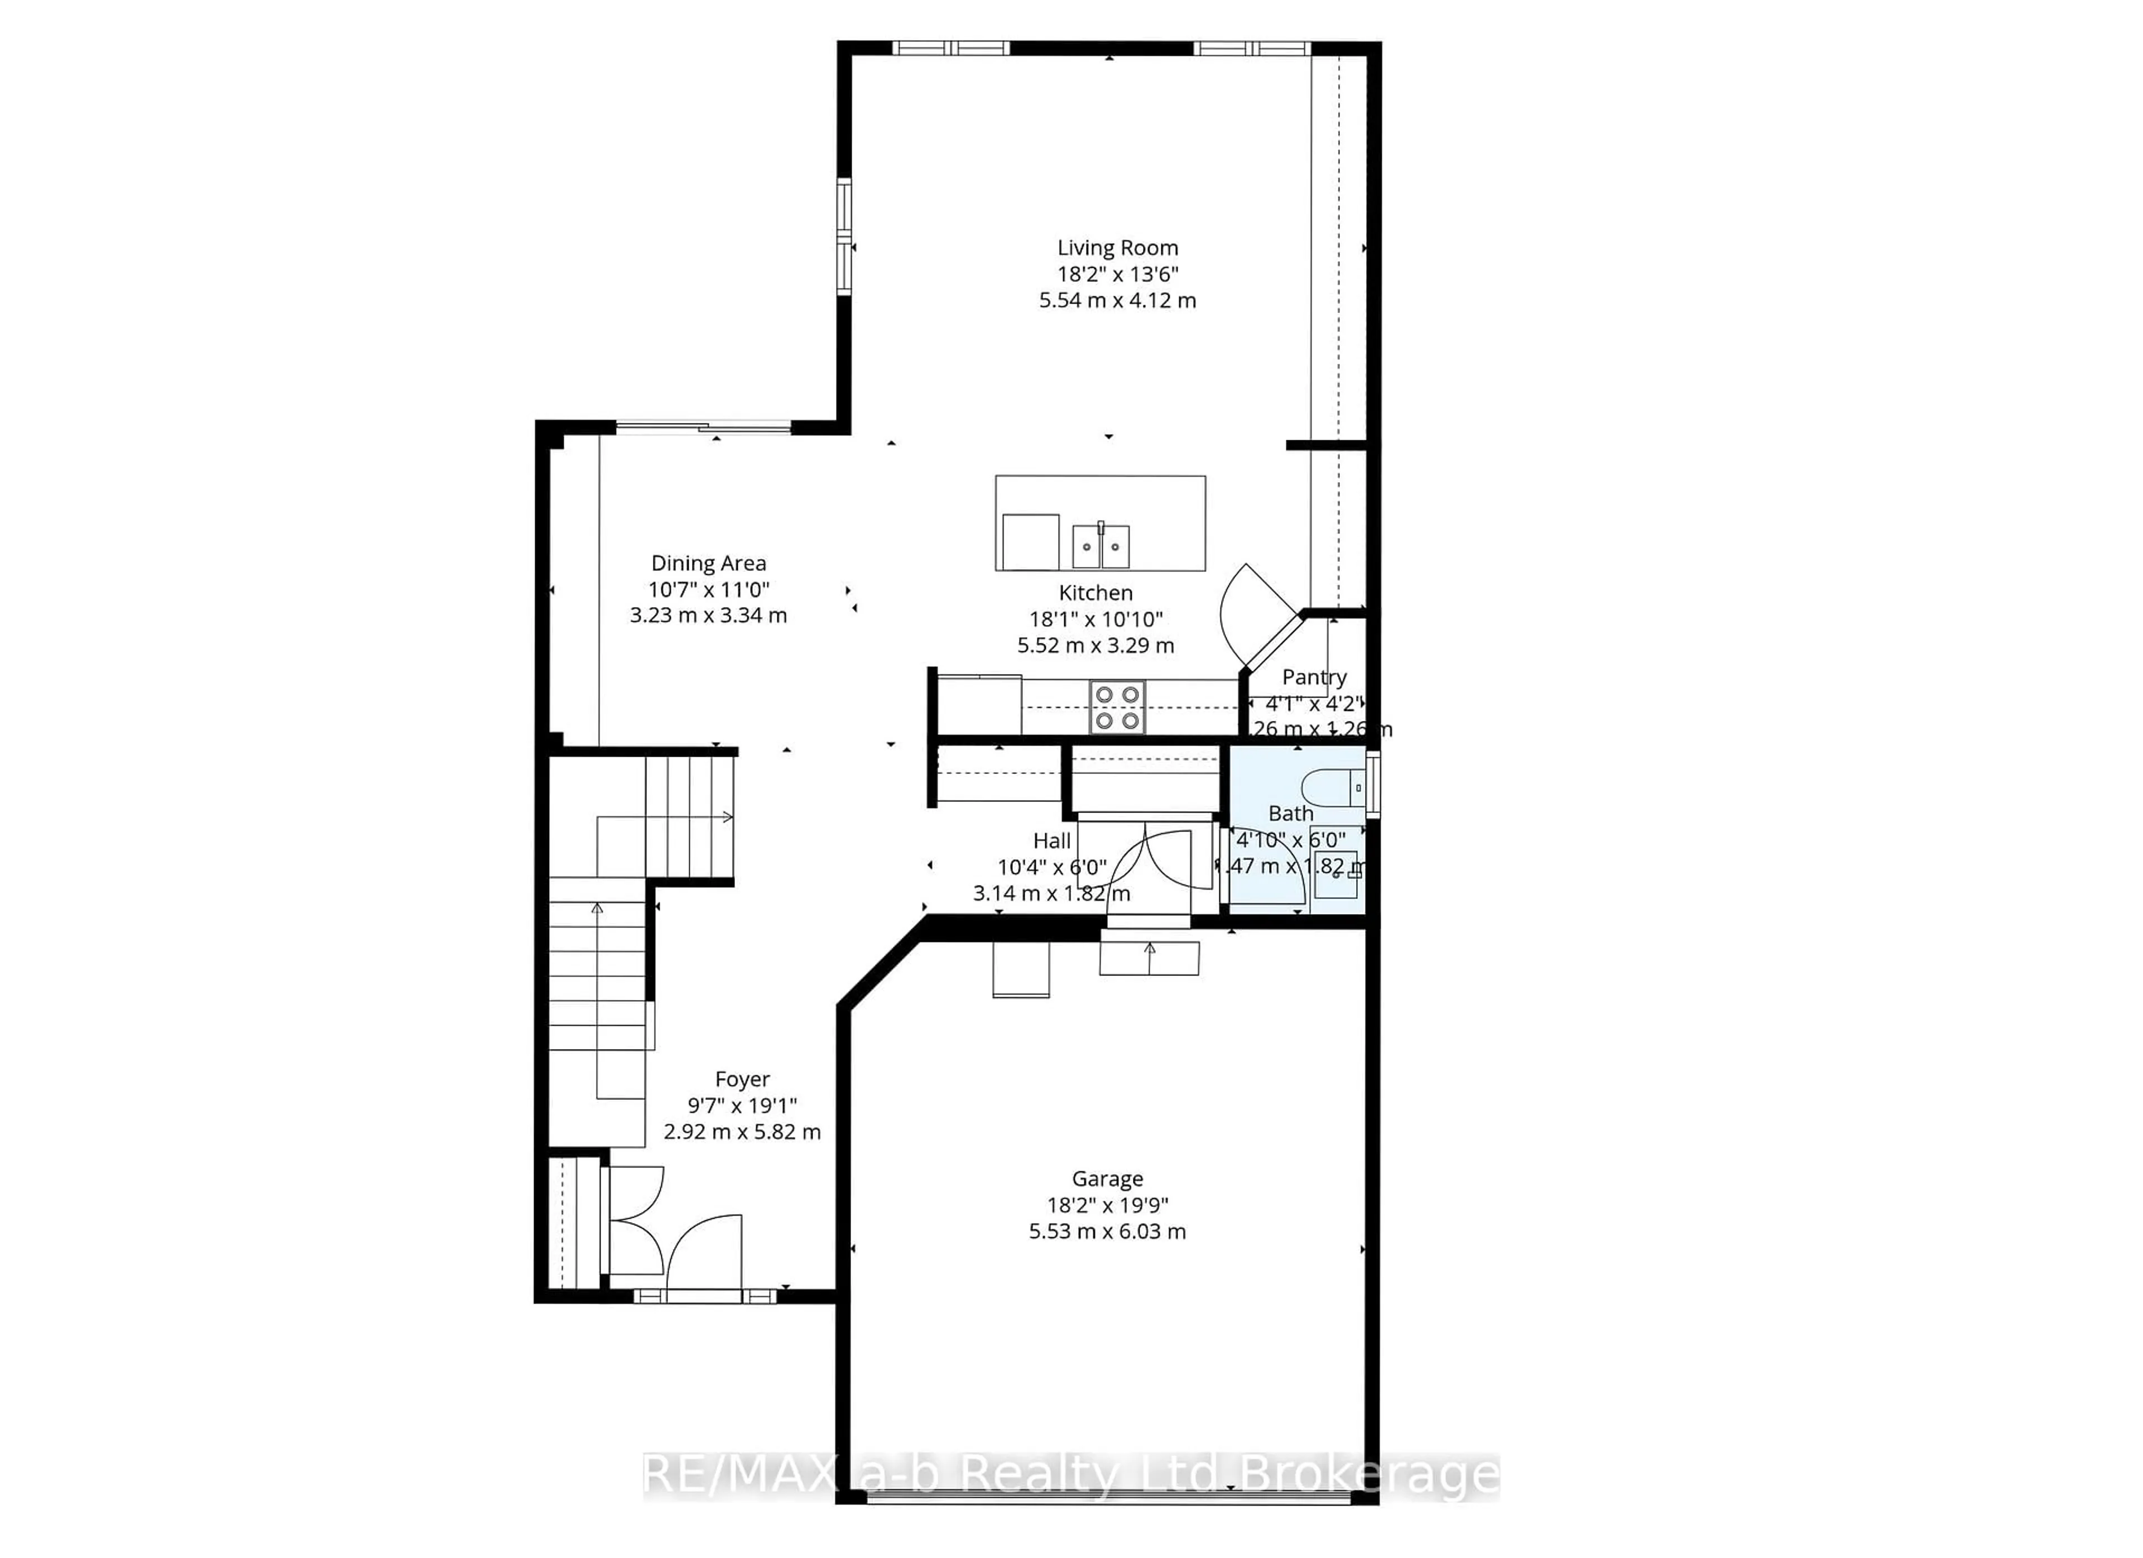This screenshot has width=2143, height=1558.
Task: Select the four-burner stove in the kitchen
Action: tap(1117, 706)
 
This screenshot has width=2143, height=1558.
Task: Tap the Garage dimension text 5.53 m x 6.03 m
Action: tap(1107, 1231)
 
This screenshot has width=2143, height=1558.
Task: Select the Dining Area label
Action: tap(709, 563)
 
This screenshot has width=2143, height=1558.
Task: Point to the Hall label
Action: tap(1051, 841)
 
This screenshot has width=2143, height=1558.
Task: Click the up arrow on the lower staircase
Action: tap(597, 909)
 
